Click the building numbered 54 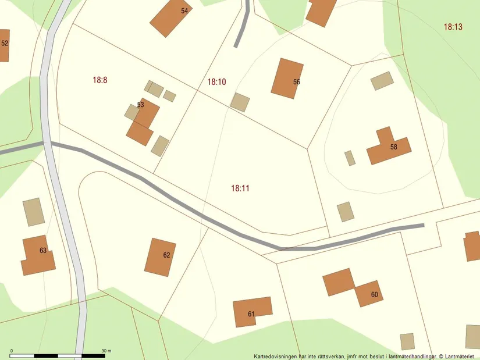tap(170, 17)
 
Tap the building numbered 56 tap(287, 78)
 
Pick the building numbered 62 tap(160, 256)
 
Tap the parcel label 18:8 tap(99, 80)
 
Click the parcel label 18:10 tap(216, 82)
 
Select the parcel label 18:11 tap(240, 188)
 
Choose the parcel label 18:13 tap(453, 27)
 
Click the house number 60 tap(374, 295)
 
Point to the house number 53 tap(140, 105)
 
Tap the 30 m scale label tap(106, 351)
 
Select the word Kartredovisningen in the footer tap(277, 356)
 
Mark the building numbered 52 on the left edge tap(4, 45)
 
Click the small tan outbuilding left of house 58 tap(350, 158)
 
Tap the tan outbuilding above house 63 tap(34, 212)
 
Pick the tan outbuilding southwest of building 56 tap(240, 102)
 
